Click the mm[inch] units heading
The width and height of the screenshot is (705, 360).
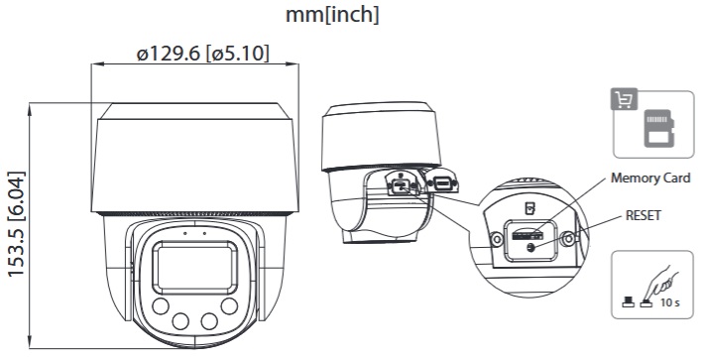tap(332, 14)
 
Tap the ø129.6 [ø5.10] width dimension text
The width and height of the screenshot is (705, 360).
tap(203, 54)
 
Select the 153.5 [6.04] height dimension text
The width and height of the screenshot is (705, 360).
tap(16, 224)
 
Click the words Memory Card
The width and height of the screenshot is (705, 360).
tap(650, 178)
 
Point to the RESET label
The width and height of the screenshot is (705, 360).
tap(644, 215)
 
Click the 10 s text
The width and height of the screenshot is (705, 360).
tap(669, 302)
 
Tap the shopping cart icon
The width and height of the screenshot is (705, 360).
tap(624, 99)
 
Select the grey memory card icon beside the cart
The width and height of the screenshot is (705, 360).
tap(659, 128)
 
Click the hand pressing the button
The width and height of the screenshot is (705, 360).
tap(660, 281)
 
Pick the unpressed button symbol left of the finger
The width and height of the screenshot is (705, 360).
tap(628, 302)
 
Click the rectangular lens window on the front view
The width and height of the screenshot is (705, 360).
tap(194, 268)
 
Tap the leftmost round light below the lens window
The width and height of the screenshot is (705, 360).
tap(161, 306)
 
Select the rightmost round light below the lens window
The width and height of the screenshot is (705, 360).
tap(229, 306)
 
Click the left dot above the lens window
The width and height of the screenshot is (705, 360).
tap(184, 233)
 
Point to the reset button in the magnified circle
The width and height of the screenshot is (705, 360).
tap(531, 247)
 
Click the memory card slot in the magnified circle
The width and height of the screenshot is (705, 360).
tap(527, 234)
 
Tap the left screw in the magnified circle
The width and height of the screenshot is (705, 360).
tap(497, 239)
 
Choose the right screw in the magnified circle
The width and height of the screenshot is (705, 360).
tap(568, 238)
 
